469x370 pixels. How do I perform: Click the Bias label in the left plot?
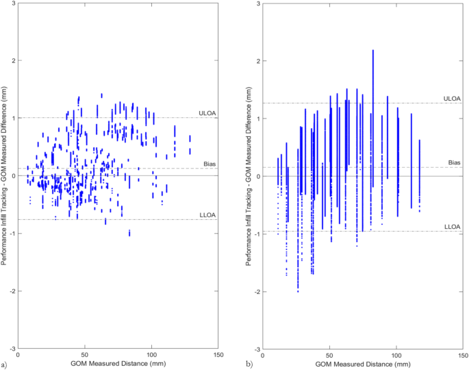210,164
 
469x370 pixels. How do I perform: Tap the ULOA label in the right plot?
452,99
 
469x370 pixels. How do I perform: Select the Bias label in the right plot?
454,162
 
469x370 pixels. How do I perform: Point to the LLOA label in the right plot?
452,226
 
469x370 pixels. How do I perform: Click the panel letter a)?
5,363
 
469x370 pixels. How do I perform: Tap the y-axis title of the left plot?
5,176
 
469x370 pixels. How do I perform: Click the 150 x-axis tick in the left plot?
218,355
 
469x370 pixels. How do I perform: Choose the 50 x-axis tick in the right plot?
329,355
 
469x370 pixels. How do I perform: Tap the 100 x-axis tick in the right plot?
396,355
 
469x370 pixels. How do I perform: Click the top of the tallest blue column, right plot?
372,50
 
